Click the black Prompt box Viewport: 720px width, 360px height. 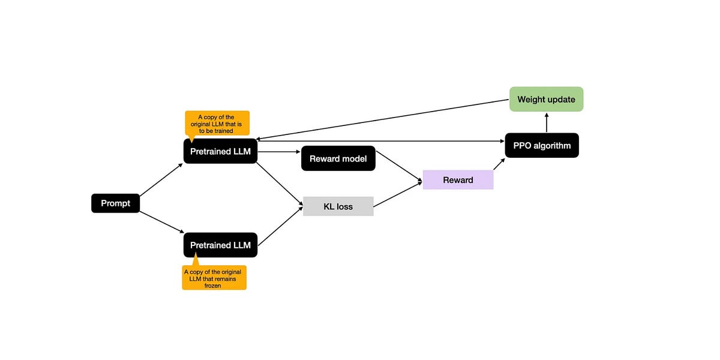point(115,203)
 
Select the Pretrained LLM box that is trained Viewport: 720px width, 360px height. point(220,151)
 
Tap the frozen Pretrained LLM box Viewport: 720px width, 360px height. point(220,245)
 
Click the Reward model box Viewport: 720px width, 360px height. point(338,158)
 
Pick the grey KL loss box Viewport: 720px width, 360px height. point(338,206)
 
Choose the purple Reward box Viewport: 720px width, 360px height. point(458,180)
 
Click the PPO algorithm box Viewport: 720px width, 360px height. point(542,145)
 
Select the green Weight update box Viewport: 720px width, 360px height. point(546,99)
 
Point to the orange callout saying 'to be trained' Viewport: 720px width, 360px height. point(217,123)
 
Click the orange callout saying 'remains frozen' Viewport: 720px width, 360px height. point(214,278)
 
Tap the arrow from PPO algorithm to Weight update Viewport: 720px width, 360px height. point(546,122)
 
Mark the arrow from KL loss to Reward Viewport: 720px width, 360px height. point(397,195)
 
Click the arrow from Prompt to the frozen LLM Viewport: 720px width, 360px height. point(161,222)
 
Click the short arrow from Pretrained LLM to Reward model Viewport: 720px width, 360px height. point(279,152)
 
